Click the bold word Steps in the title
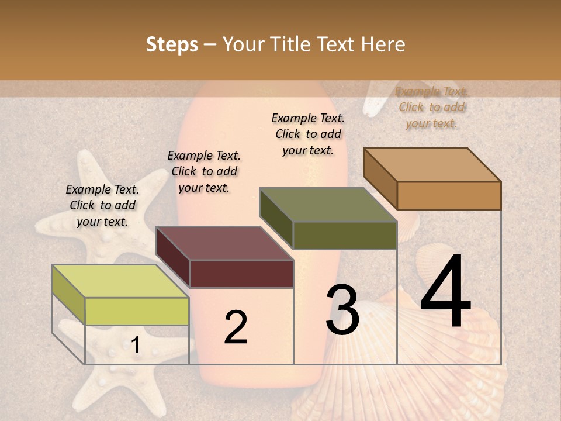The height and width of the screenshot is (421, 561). tap(172, 45)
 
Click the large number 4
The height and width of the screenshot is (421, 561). tap(445, 292)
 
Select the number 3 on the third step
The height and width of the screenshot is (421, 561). tap(342, 310)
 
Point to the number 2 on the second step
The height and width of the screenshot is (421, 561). tap(236, 327)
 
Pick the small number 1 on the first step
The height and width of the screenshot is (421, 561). tap(135, 346)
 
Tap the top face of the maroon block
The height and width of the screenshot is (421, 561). tap(224, 243)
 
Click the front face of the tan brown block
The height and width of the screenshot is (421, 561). tap(449, 195)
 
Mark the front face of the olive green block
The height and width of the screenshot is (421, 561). tap(345, 236)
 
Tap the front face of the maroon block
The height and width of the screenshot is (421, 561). tap(241, 274)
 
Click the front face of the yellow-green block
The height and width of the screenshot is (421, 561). tap(137, 311)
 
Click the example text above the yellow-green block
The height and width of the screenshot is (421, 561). tap(102, 205)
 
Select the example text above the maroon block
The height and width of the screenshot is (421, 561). tap(204, 171)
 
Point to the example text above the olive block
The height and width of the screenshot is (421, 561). tap(308, 134)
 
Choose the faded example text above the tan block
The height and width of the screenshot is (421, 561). tap(431, 107)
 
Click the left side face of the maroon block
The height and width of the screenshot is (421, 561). tap(173, 257)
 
